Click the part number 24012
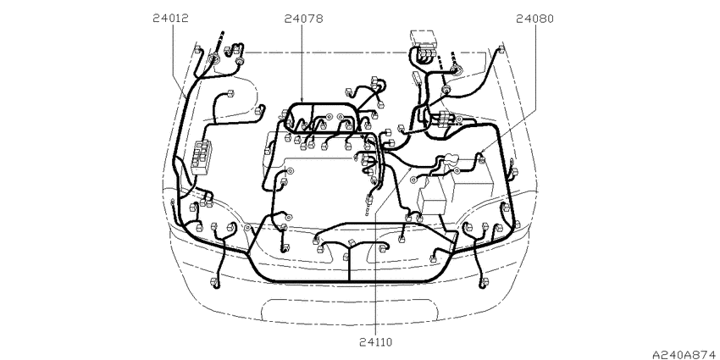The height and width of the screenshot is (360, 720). [x=171, y=19]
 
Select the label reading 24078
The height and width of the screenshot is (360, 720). [x=303, y=19]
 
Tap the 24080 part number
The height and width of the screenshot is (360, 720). [x=534, y=19]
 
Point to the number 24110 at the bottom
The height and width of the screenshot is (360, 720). [x=376, y=342]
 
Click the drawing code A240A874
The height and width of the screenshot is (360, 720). [x=685, y=354]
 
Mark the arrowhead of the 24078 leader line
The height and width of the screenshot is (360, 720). [x=302, y=101]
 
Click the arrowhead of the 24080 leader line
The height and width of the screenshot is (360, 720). [x=479, y=154]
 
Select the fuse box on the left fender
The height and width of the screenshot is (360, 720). [x=202, y=158]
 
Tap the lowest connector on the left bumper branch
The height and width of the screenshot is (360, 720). [x=214, y=283]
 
